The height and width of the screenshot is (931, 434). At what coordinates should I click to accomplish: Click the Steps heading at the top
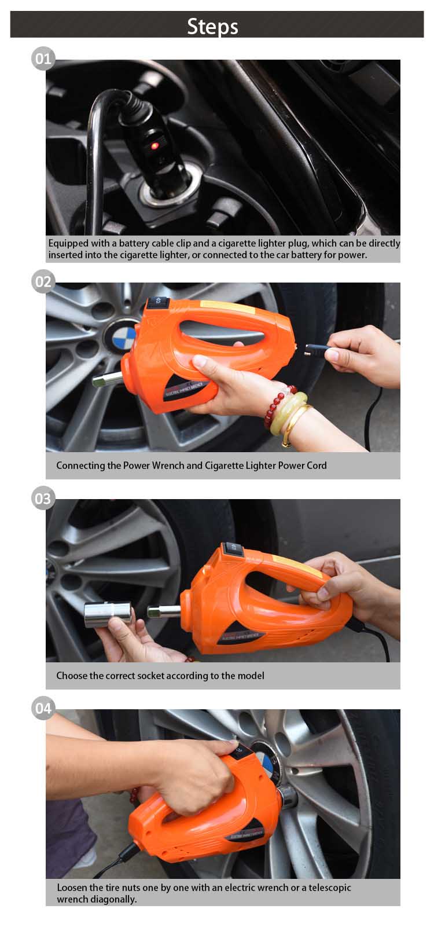(x=212, y=27)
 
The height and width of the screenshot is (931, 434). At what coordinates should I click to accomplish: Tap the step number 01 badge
(x=43, y=59)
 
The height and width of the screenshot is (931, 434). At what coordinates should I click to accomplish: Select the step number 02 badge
(x=43, y=282)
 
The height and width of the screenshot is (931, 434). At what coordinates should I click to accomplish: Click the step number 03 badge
(x=43, y=499)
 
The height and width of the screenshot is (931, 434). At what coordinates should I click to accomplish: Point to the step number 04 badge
(x=43, y=709)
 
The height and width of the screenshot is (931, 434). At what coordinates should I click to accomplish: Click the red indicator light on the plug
(x=155, y=145)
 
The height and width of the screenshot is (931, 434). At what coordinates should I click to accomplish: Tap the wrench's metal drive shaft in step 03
(x=164, y=611)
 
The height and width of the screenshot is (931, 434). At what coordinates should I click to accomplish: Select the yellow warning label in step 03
(x=297, y=565)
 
